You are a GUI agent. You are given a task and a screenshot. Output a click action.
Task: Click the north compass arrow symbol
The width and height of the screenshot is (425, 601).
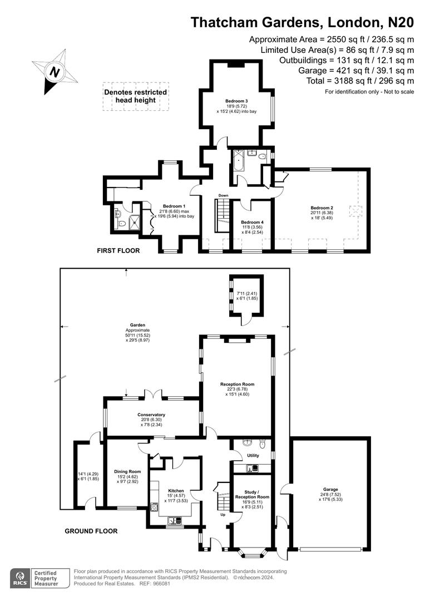(54, 72)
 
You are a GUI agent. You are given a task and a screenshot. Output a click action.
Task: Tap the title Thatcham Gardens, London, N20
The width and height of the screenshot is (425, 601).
(302, 22)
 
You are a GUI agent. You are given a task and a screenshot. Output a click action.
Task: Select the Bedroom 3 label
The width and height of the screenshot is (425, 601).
(236, 101)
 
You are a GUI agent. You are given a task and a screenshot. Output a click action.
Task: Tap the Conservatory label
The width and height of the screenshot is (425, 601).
(152, 415)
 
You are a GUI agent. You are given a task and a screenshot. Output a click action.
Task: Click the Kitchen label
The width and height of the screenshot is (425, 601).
(176, 490)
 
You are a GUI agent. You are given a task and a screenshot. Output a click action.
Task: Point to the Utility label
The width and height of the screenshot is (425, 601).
(253, 456)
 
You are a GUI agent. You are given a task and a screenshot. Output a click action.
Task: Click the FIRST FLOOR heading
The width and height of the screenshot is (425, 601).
(118, 251)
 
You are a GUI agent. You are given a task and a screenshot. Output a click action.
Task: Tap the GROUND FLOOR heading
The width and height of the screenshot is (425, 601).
(91, 531)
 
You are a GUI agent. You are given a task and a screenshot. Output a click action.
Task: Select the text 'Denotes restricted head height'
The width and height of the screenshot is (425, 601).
(135, 96)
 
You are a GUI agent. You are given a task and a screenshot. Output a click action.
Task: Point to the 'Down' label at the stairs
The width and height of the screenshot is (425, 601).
(224, 195)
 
